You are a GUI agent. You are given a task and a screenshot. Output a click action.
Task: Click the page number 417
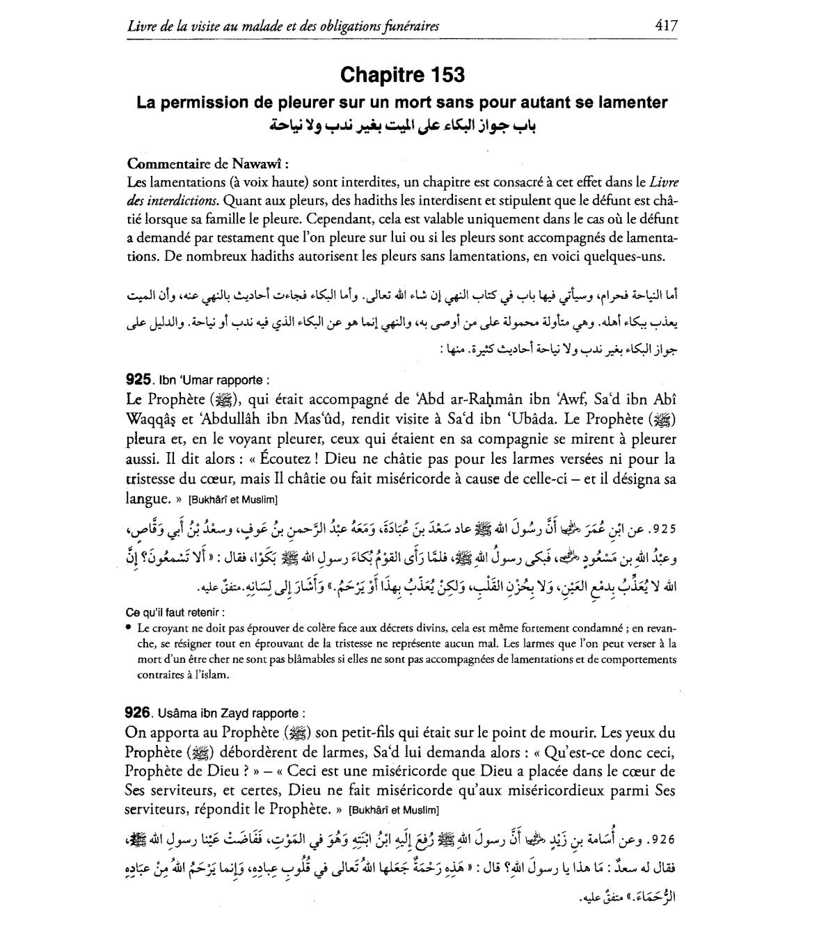point(666,26)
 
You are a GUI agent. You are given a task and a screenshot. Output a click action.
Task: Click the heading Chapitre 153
point(403,74)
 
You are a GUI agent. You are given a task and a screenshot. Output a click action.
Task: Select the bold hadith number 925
point(138,380)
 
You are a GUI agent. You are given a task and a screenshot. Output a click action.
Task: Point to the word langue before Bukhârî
point(147,498)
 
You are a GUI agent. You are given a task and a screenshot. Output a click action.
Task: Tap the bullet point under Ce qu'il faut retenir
point(130,627)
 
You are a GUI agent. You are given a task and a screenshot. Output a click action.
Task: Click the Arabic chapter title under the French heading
point(404,127)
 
